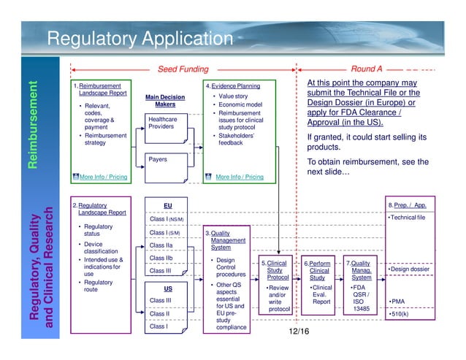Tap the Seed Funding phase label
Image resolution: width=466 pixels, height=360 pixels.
point(183,69)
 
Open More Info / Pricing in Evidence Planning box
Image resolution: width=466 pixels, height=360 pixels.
point(240,177)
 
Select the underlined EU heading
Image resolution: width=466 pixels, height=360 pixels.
point(167,207)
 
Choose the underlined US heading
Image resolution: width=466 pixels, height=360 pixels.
point(167,288)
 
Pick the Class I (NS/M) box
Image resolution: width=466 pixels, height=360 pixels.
point(167,219)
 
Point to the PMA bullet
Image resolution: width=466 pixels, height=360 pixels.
point(399,301)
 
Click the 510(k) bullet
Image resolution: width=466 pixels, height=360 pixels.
point(401,315)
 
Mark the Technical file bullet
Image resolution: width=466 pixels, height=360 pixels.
point(408,218)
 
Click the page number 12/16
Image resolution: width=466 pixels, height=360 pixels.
point(299,332)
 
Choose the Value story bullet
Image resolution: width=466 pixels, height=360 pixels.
point(233,96)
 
